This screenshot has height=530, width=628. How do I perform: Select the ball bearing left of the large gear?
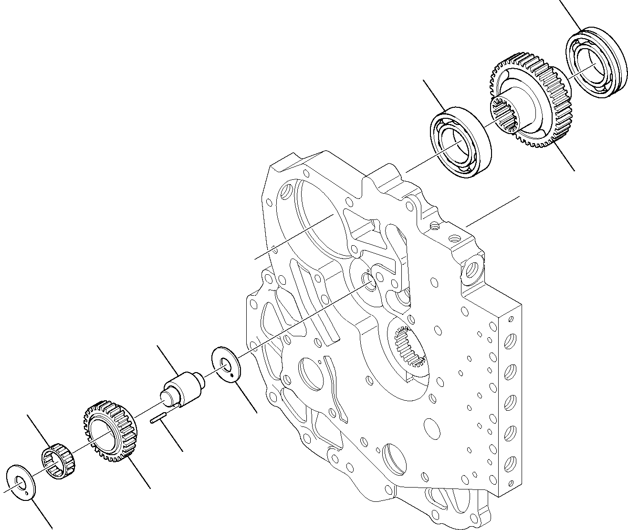pyautogui.click(x=461, y=136)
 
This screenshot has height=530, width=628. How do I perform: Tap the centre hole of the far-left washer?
pyautogui.click(x=19, y=482)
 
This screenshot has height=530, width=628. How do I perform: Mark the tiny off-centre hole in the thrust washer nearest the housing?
pyautogui.click(x=231, y=375)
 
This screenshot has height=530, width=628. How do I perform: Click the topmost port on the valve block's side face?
pyautogui.click(x=510, y=342)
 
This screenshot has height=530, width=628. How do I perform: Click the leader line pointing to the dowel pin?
pyautogui.click(x=172, y=437)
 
